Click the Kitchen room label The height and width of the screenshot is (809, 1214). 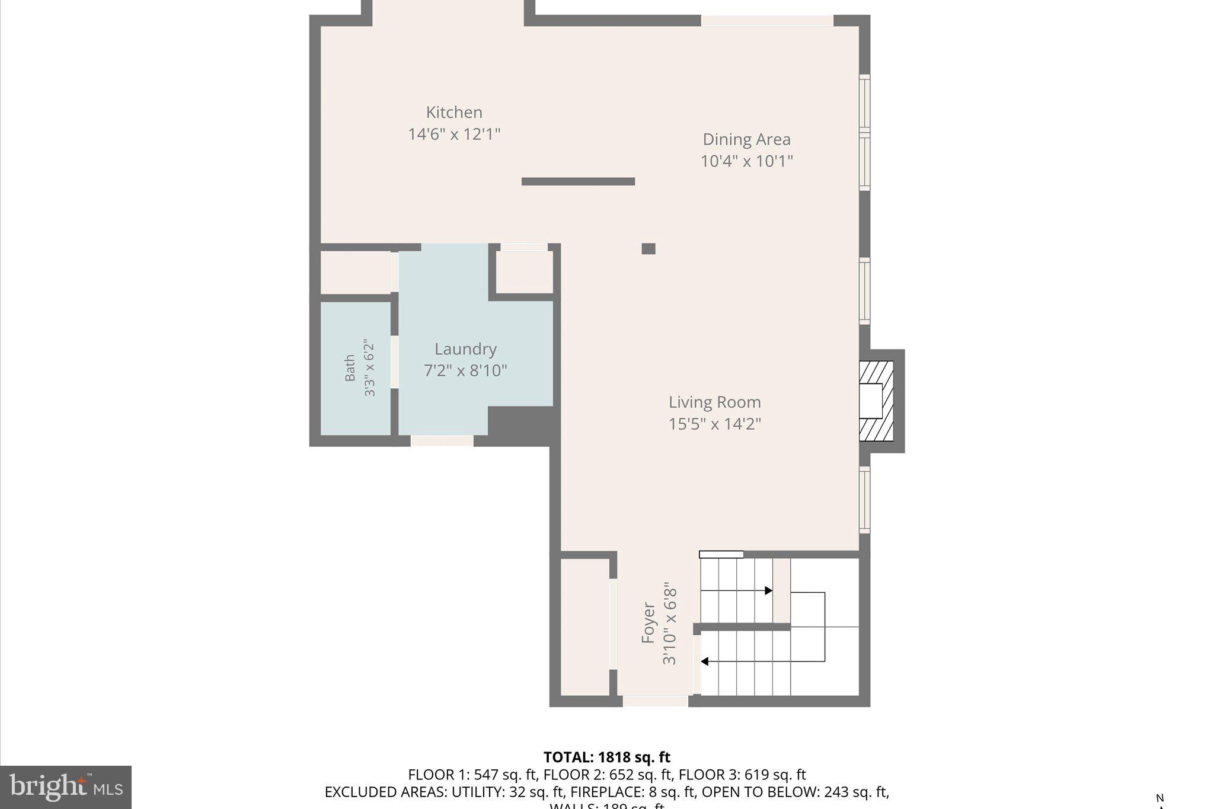tap(454, 112)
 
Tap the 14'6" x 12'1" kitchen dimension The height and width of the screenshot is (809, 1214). tap(454, 134)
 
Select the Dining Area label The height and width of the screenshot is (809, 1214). tap(746, 139)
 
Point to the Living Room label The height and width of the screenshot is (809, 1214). tap(714, 402)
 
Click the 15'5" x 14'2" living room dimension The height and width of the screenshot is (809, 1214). tap(714, 424)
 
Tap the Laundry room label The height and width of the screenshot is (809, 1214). tap(465, 349)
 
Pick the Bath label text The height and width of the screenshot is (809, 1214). tap(350, 367)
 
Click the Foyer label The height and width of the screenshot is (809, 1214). tap(648, 622)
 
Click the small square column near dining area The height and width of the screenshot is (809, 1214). tap(648, 249)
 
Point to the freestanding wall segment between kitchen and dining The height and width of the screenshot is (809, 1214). tap(578, 181)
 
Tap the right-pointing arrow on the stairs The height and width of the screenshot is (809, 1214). tap(768, 590)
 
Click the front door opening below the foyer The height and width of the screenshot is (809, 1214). tap(655, 701)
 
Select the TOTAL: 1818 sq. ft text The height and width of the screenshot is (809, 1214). tap(606, 757)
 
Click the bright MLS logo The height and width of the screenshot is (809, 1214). tap(66, 787)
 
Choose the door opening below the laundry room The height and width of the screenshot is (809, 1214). tap(442, 441)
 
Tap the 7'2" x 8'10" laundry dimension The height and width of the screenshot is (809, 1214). tap(465, 371)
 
